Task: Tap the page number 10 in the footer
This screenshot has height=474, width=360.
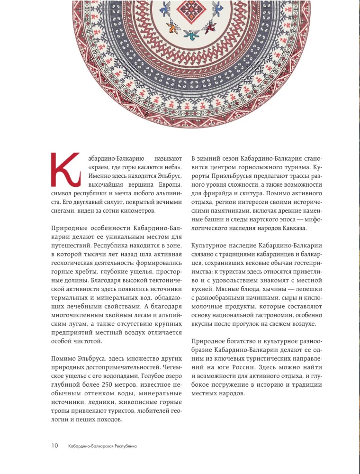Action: pyautogui.click(x=54, y=446)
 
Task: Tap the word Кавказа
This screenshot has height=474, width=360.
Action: pyautogui.click(x=293, y=228)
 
